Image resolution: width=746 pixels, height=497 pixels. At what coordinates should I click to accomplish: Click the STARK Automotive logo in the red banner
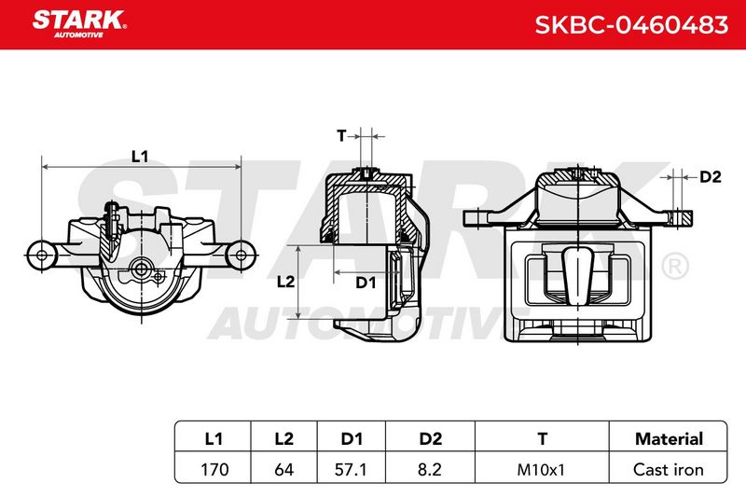[79, 24]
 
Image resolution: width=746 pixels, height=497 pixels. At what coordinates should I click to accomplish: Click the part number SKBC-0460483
[631, 25]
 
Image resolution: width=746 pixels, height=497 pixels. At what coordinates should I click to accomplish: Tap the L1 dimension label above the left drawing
[140, 156]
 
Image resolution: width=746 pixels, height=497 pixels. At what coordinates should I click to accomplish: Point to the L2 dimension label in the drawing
[285, 282]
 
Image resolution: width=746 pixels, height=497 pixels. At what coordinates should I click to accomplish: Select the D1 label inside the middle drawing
[366, 283]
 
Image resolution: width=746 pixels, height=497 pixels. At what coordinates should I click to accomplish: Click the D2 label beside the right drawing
[711, 177]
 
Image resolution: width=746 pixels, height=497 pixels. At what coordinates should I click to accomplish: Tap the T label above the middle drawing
[341, 136]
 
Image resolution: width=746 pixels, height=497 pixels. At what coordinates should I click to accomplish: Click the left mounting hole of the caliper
[41, 255]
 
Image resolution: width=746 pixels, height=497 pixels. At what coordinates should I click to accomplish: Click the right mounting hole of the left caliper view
[242, 255]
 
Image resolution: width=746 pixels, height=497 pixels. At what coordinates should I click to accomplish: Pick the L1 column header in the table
[214, 438]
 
